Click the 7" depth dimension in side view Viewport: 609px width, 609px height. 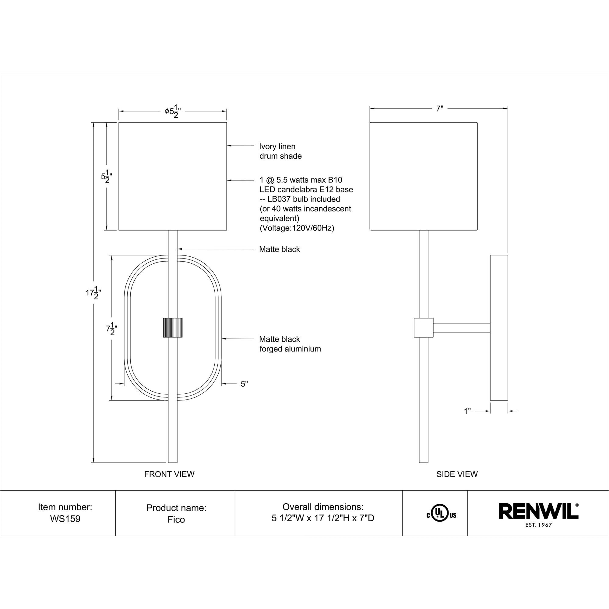[439, 109]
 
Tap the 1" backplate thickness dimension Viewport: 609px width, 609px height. [467, 411]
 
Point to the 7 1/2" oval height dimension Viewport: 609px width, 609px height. [111, 329]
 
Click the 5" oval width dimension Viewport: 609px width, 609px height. [244, 384]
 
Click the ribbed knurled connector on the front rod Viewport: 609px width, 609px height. [172, 328]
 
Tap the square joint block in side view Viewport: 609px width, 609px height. [423, 328]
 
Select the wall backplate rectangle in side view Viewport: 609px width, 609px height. [499, 328]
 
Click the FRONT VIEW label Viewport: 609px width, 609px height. [169, 474]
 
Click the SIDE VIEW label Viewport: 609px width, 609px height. [457, 474]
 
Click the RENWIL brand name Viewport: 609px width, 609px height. [538, 511]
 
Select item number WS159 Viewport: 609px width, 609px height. [65, 519]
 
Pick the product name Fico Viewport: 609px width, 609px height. [176, 519]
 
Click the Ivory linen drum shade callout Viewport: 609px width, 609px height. [280, 151]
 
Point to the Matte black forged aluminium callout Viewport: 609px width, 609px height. [289, 344]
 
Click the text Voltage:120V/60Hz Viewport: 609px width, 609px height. [297, 228]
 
